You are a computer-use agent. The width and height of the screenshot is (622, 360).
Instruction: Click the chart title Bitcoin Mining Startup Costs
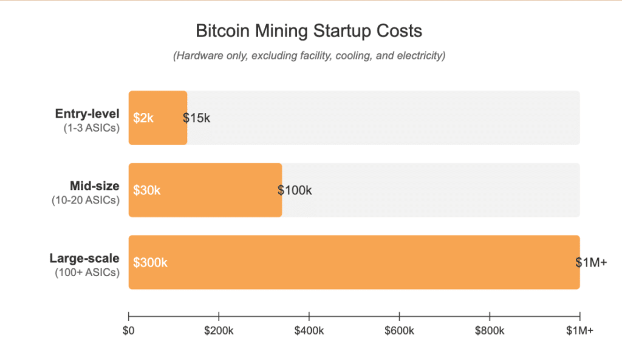(309, 31)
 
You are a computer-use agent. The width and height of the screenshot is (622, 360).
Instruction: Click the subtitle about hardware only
(310, 56)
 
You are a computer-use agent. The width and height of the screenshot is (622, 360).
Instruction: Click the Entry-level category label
(87, 114)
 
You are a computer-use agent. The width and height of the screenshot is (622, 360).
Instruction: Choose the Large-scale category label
(84, 259)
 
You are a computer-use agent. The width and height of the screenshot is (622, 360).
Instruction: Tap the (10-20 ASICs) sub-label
(86, 200)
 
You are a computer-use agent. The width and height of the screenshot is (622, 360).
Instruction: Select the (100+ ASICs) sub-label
(87, 273)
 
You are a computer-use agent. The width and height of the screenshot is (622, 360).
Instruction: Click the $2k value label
(143, 118)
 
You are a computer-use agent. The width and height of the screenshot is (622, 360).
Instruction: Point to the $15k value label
(197, 118)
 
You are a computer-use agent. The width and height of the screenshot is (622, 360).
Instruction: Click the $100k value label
(295, 190)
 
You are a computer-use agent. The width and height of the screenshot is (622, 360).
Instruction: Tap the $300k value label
(149, 262)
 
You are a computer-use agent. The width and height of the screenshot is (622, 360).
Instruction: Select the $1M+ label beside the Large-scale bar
(591, 262)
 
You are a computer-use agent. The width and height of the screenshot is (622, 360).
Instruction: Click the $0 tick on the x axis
(129, 331)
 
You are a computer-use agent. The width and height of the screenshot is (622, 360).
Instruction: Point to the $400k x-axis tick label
(309, 331)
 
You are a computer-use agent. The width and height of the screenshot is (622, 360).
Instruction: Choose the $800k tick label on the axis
(490, 331)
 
